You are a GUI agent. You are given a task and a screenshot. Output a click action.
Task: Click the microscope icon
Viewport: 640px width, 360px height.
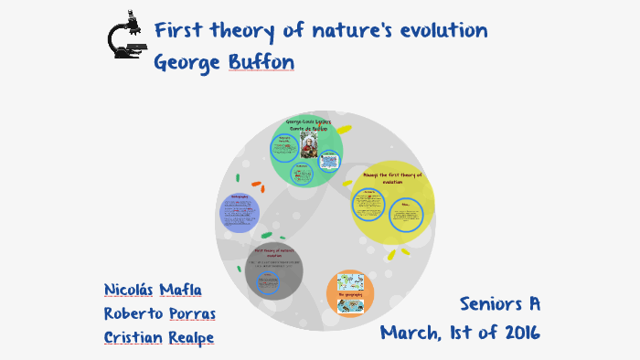[x=125, y=37]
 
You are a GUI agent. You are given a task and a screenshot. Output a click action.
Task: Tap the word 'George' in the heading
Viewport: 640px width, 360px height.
[x=187, y=63]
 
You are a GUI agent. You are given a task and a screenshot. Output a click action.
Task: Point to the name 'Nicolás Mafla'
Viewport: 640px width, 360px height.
[x=153, y=290]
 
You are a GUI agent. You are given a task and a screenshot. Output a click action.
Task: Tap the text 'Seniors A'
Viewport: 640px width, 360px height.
[x=500, y=303]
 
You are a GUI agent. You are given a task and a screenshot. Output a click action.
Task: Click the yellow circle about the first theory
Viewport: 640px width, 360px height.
[x=392, y=204]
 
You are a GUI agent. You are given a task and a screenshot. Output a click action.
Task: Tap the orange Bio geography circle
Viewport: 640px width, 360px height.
[x=350, y=293]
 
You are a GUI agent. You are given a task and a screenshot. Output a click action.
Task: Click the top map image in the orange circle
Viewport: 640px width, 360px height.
[x=350, y=281]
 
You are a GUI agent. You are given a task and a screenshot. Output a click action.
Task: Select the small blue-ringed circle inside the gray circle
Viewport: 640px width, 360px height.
[x=268, y=284]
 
